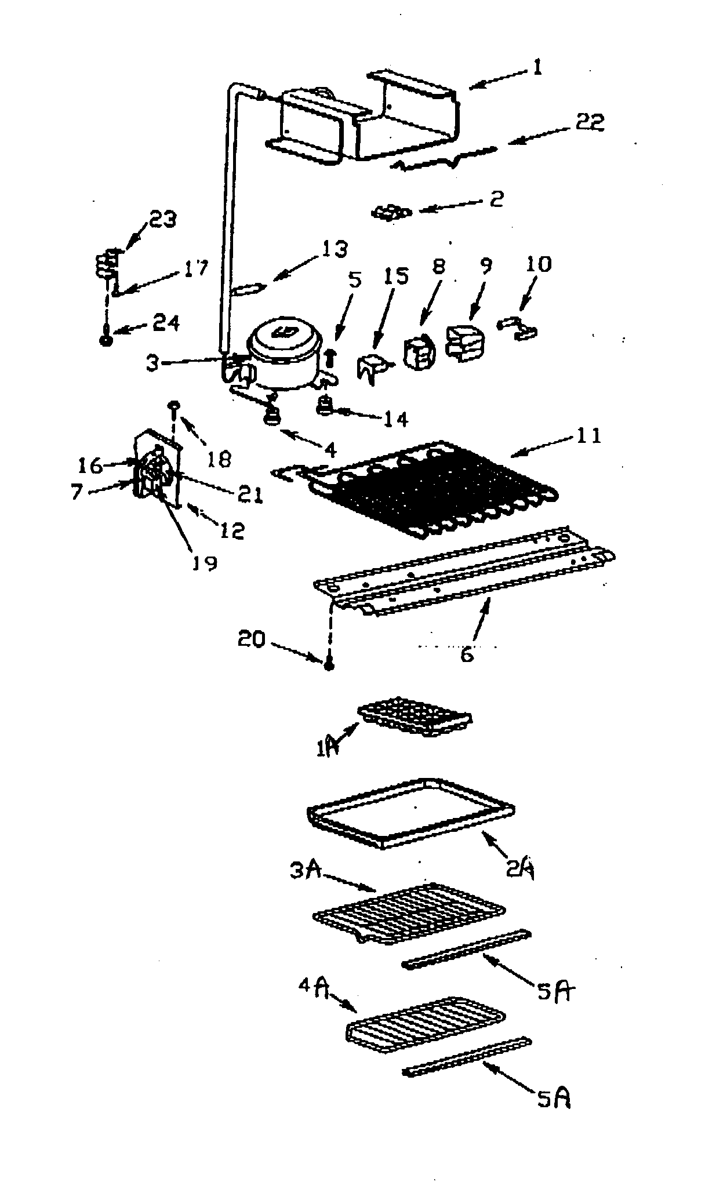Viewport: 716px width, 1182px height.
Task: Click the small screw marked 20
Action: point(329,665)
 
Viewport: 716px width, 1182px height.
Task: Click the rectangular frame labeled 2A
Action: point(412,812)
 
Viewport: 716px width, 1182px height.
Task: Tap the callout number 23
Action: point(163,220)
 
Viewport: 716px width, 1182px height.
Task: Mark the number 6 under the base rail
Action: point(467,655)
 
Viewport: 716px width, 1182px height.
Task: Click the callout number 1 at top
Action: point(537,69)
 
